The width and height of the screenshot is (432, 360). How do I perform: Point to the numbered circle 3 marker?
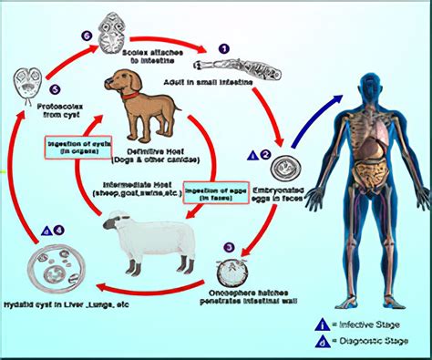coord(229,245)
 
